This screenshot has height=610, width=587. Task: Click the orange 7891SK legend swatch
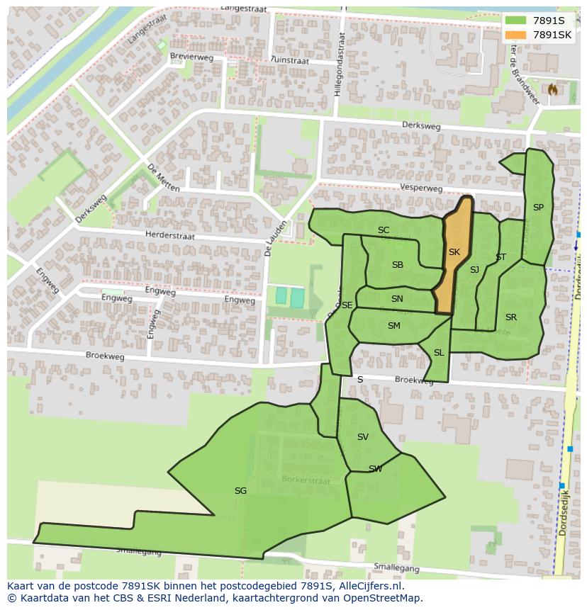coord(515,35)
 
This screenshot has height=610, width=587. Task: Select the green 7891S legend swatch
coord(515,21)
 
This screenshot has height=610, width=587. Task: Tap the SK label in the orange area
coord(454,252)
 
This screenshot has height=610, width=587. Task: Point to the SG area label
coord(240,490)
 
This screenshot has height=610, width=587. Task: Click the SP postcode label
coord(538,208)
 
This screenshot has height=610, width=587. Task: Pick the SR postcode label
coord(511,317)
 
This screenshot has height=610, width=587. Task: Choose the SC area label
coord(384,230)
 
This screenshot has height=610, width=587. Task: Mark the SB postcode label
coord(398,265)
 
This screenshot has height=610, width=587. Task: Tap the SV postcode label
coord(363,437)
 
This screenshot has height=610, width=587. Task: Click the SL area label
coord(439,353)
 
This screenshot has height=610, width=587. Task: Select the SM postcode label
coord(394,326)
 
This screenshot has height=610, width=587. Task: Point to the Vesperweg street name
coord(421,188)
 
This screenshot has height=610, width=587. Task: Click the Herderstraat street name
coord(169,235)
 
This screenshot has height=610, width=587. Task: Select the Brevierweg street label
coord(191,57)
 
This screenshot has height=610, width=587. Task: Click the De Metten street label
coord(163,177)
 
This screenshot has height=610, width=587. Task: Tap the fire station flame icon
coord(552,89)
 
